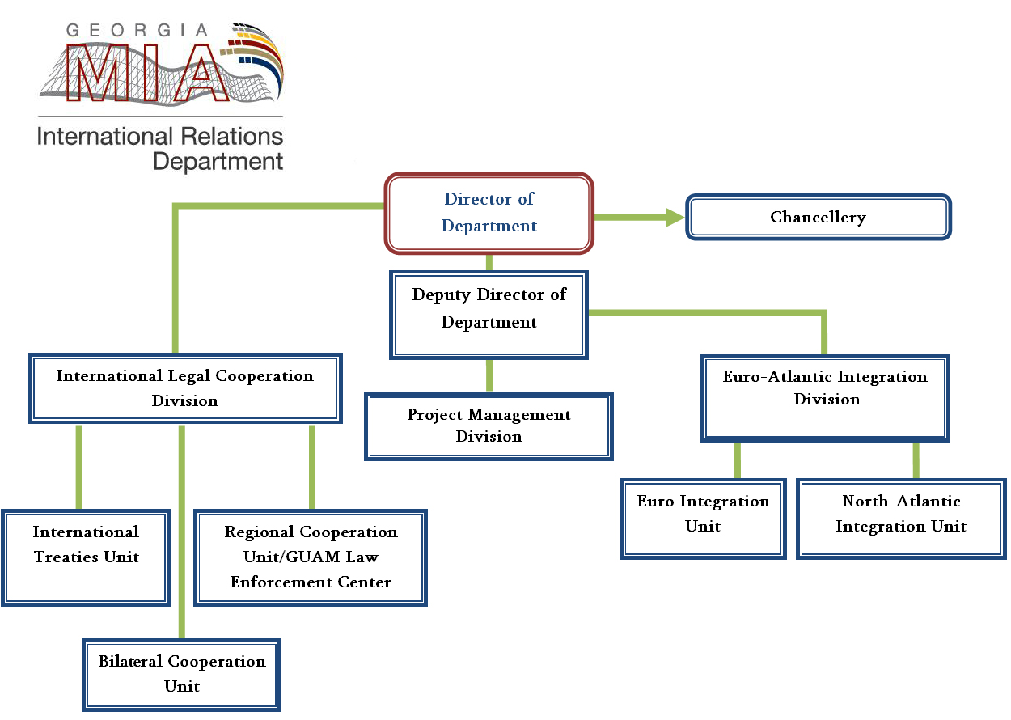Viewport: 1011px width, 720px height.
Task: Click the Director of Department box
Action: pyautogui.click(x=489, y=212)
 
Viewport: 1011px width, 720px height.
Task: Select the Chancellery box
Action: pyautogui.click(x=818, y=218)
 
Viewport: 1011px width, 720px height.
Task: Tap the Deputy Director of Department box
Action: pyautogui.click(x=489, y=315)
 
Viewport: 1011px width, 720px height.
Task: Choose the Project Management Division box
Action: pyautogui.click(x=489, y=426)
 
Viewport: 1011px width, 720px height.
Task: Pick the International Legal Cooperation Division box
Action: pyautogui.click(x=184, y=388)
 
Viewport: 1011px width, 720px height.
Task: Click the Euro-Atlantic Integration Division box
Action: pyautogui.click(x=825, y=397)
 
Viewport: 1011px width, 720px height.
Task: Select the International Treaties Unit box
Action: pyautogui.click(x=86, y=557)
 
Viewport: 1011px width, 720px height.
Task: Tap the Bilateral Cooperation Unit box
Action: pyautogui.click(x=182, y=674)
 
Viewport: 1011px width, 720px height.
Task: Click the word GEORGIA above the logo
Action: pyautogui.click(x=137, y=30)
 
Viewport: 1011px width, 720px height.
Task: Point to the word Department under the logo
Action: pyautogui.click(x=218, y=160)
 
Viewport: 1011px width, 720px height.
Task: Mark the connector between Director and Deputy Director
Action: pyautogui.click(x=489, y=261)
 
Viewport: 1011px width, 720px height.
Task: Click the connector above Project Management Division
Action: pyautogui.click(x=489, y=375)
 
